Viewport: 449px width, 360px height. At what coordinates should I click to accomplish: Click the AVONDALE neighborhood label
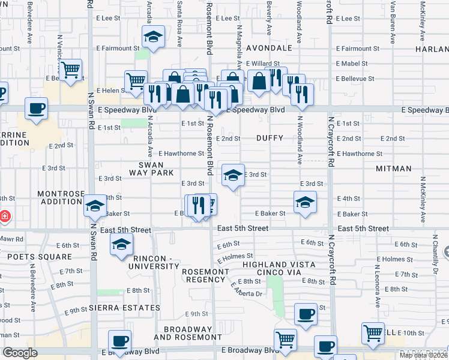(269, 48)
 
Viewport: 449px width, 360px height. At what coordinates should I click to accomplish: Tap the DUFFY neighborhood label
(270, 138)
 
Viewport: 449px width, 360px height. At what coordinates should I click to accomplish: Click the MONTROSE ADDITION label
(59, 197)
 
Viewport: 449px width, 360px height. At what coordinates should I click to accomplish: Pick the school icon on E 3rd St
(233, 175)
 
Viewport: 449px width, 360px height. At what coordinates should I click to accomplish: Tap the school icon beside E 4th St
(305, 202)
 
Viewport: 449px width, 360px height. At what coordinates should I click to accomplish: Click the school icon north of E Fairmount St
(153, 37)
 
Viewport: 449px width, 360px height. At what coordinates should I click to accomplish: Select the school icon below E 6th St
(121, 244)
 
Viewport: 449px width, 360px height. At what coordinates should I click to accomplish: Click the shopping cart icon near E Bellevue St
(71, 69)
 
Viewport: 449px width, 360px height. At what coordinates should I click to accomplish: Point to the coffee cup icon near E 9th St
(306, 314)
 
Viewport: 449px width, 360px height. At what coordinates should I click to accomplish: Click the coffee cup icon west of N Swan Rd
(36, 109)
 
